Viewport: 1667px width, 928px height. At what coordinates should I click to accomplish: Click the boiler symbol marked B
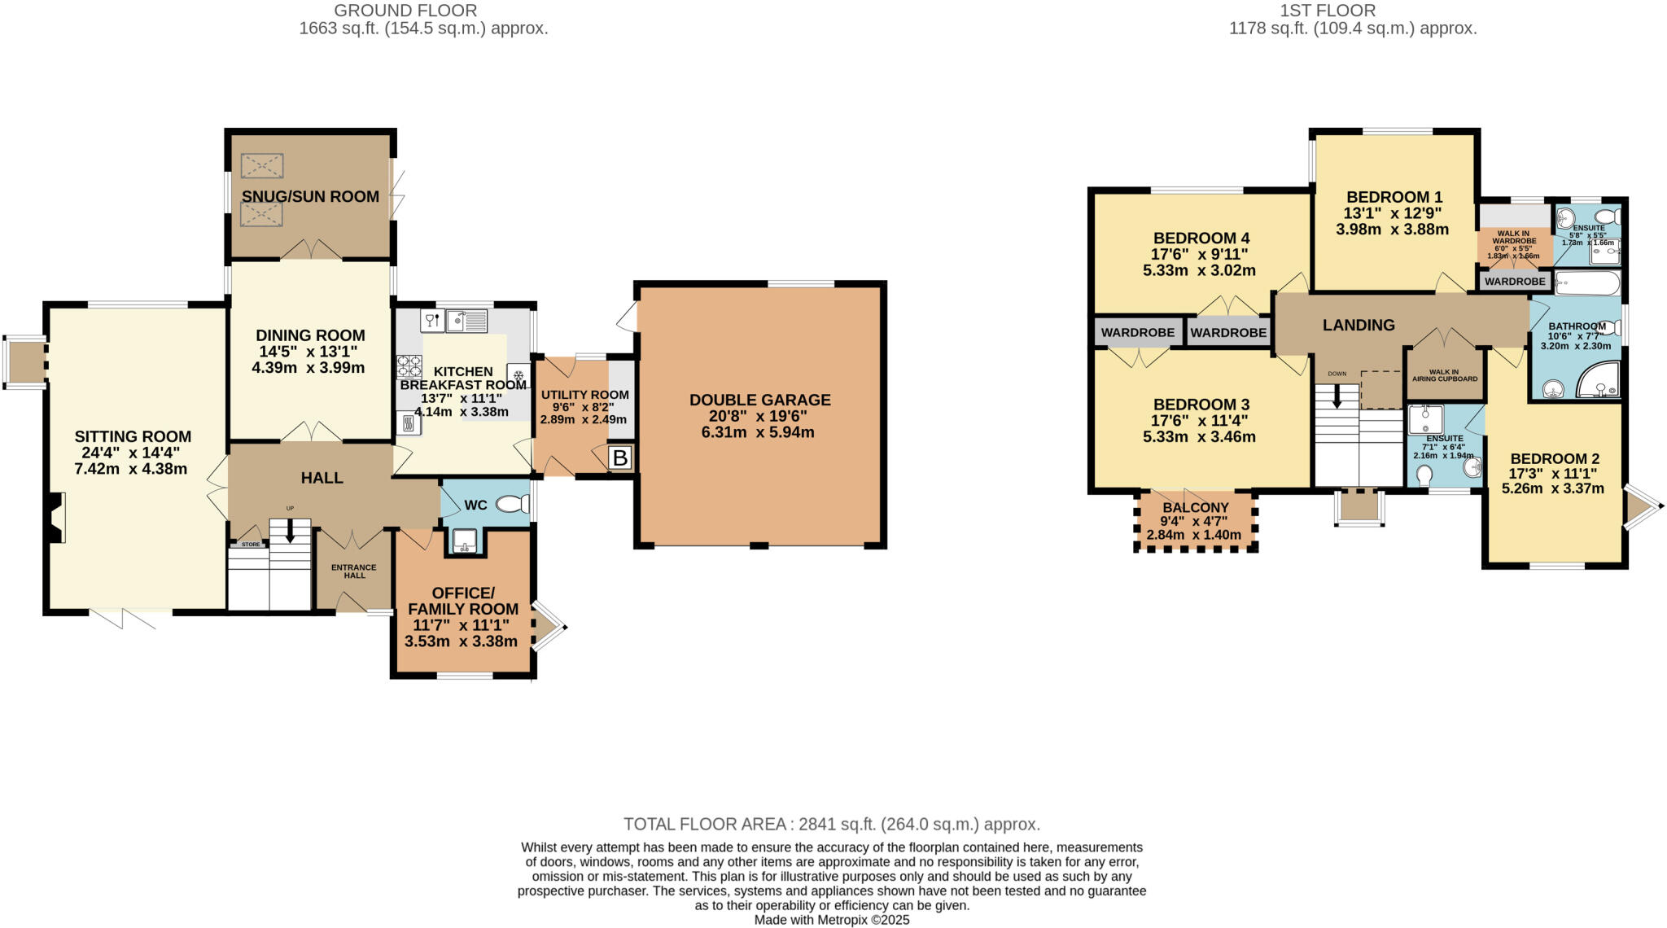(620, 457)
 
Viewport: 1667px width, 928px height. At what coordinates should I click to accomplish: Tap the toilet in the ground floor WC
(512, 505)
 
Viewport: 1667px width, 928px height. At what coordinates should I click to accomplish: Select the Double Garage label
(760, 400)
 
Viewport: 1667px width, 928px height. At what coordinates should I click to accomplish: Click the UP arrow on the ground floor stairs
(290, 530)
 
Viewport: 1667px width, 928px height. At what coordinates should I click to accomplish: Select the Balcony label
(1195, 507)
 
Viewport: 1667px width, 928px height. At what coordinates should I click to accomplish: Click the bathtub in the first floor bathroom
(1587, 284)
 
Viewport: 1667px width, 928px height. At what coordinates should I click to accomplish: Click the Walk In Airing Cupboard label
(1445, 375)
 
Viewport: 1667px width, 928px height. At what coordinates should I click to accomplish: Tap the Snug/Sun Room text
(310, 196)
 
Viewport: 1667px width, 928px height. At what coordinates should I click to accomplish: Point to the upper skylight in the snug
(262, 166)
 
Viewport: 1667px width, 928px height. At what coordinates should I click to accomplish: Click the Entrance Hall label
(354, 571)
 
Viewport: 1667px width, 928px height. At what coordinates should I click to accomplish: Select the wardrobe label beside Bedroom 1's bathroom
(1515, 282)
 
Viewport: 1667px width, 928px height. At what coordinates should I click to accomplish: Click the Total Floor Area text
(832, 824)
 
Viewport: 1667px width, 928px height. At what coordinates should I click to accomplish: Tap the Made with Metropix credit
(832, 920)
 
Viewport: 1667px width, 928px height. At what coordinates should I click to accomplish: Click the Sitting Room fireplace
(55, 519)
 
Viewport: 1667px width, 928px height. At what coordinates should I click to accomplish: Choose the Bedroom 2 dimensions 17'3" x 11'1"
(1553, 473)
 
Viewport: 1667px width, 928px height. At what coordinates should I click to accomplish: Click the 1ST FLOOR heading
(1351, 11)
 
